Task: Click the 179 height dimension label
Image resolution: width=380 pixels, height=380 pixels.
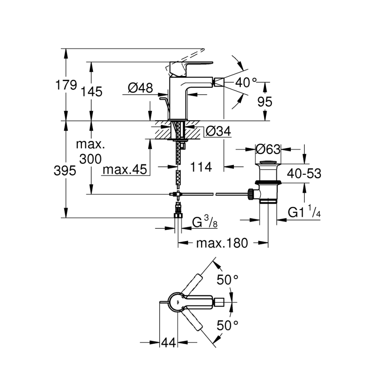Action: tap(66, 86)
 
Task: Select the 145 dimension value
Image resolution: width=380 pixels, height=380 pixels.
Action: tap(92, 91)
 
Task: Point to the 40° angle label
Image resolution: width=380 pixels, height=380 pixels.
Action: tap(246, 83)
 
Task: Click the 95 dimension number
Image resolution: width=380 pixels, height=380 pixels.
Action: tap(264, 102)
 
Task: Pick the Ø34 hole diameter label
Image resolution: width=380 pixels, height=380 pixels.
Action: tap(219, 132)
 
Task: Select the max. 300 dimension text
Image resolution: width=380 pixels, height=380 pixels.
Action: tap(90, 152)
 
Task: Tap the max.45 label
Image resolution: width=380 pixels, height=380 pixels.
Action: tap(125, 170)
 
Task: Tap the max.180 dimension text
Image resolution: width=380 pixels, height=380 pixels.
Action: tap(222, 244)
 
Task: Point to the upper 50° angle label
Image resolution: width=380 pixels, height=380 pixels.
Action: tap(228, 280)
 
